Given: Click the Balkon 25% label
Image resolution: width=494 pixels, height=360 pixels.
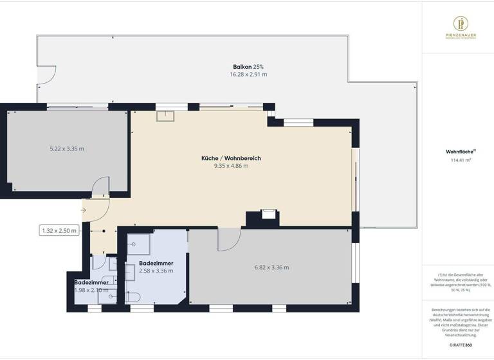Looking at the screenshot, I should pos(248,67).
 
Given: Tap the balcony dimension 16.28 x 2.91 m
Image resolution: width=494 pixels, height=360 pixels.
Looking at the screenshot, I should pos(248,75).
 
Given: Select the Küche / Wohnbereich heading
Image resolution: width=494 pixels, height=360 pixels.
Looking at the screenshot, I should pos(231,158).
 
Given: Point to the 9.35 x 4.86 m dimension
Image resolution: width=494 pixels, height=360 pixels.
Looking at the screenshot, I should pos(231,166).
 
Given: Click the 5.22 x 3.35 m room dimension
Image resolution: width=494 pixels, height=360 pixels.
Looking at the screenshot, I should pos(67,149).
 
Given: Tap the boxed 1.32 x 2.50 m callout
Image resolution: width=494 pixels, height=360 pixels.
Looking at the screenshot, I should pos(59,230).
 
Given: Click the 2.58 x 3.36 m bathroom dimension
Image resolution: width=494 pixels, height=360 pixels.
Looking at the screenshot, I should pos(156,271).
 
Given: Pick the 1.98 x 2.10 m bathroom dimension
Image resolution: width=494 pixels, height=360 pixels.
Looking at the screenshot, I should pos(91,290).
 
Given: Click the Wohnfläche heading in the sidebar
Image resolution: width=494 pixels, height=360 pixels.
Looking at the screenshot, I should pos(459,152).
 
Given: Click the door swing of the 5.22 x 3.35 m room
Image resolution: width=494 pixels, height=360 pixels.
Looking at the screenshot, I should pos(102,186).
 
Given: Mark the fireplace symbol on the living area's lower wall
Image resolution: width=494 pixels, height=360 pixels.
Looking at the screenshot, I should pos(269,213).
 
